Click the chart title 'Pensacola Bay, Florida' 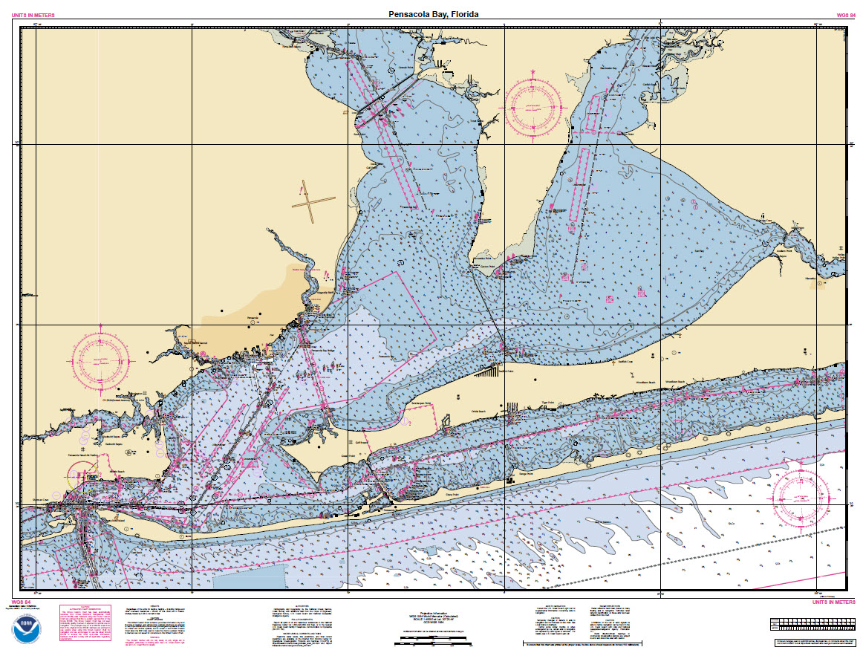[434, 14]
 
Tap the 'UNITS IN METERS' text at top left [34, 15]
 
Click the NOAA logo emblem [26, 628]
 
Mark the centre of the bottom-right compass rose [801, 495]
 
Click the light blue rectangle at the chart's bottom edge [250, 576]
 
